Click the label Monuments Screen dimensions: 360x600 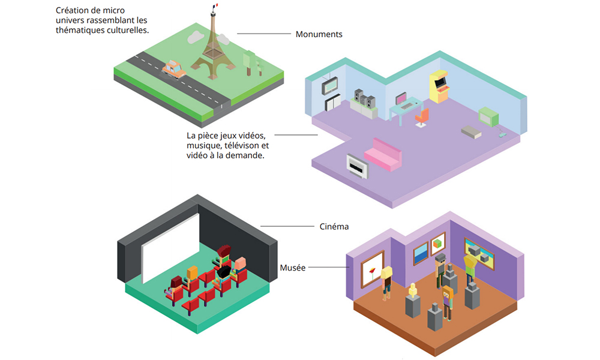319,34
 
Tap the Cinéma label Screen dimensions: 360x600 334,227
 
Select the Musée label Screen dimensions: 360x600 293,268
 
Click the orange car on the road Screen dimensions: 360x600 174,69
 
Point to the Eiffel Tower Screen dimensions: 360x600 211,48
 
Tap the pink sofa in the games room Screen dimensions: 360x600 386,154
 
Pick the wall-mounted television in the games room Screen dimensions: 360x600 331,86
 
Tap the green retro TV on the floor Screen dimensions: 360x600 488,117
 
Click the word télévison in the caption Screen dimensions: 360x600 243,145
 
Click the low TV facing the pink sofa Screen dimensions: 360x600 358,166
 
